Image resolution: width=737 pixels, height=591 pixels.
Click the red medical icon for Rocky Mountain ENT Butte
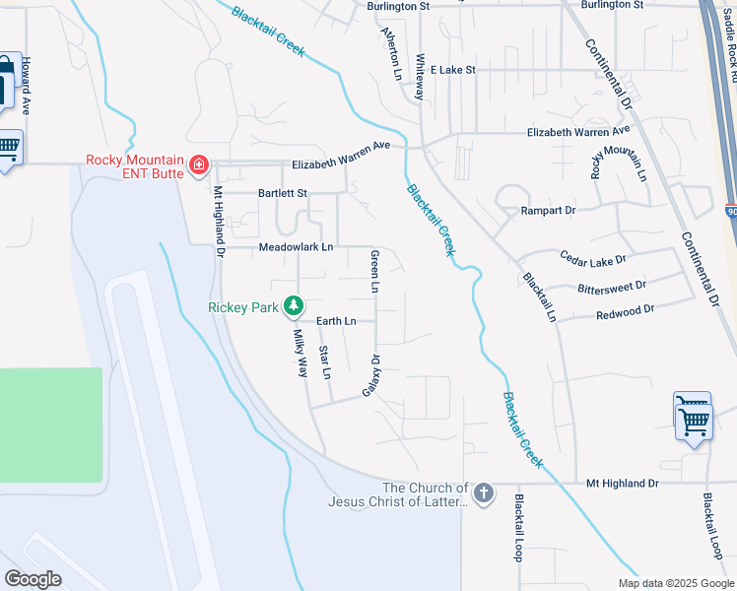coord(199,164)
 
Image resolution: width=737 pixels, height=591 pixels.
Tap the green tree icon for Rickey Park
coord(293,306)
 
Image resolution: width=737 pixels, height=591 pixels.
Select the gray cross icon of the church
coord(483,493)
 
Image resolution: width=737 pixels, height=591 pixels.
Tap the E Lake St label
coord(449,70)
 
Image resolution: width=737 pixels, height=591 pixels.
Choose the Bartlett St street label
coord(283,194)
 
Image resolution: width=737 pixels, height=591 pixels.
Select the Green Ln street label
coord(374,273)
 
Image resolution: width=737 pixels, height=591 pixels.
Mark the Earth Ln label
coord(335,321)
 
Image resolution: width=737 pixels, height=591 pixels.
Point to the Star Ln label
coord(326,361)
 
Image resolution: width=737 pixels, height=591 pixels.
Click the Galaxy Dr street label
coord(370,376)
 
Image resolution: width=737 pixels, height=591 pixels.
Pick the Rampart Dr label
coord(548,210)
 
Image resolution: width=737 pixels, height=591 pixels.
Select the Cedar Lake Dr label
coord(592,260)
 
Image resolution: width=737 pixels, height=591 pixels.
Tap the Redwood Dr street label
coord(626,312)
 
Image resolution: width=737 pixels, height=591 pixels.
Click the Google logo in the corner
coord(33,578)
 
